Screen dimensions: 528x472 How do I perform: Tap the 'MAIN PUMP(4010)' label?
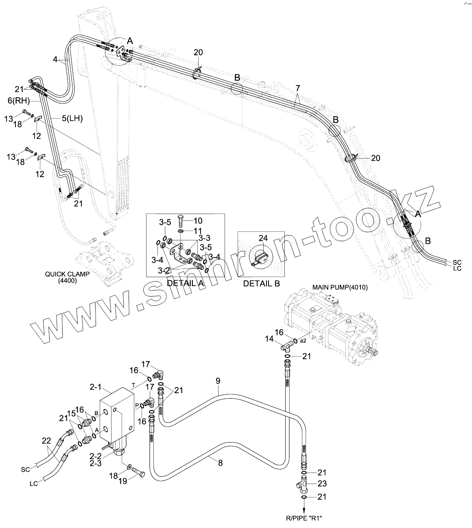pos(340,287)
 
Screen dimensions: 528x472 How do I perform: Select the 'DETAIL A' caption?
pos(185,283)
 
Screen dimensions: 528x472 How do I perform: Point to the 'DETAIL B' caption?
pos(261,284)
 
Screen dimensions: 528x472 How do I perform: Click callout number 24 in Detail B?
pos(263,238)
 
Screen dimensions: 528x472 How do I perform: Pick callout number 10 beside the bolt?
pos(198,221)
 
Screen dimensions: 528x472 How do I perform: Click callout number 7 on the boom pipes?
pos(298,88)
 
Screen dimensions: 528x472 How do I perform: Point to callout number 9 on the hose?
pos(218,381)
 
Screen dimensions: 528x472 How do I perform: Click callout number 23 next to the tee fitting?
pos(322,484)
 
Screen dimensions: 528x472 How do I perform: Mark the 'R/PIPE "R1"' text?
pos(304,518)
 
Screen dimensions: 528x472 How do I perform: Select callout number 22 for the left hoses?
pos(47,440)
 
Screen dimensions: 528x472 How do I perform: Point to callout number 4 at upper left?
pos(55,59)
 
